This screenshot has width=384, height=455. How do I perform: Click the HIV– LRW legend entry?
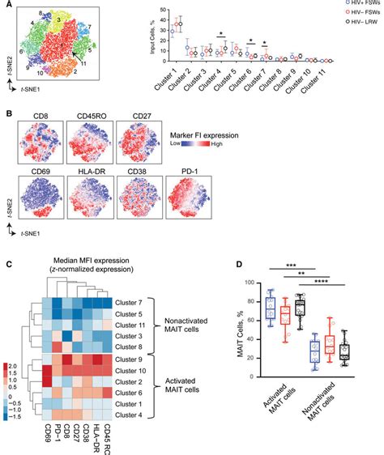coord(360,25)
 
